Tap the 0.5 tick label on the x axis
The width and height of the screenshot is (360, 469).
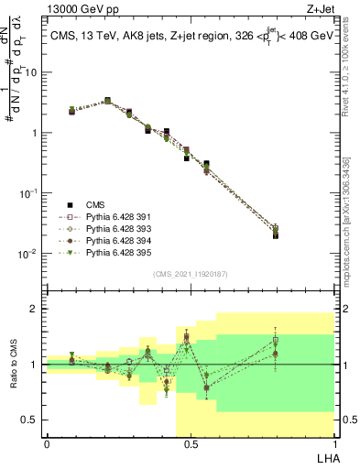click(191, 443)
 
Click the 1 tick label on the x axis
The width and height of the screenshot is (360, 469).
click(333, 443)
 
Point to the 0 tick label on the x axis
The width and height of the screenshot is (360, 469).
click(47, 443)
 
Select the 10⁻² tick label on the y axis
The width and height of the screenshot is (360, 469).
click(29, 254)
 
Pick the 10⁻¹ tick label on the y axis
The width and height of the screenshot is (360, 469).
click(29, 193)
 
